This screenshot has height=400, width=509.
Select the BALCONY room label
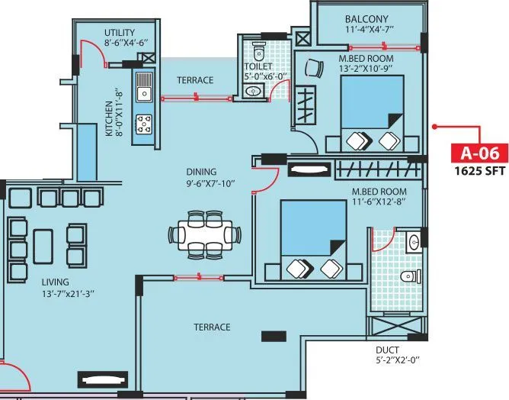click(x=366, y=19)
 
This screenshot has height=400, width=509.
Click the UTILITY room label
click(x=120, y=32)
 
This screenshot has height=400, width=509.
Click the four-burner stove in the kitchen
click(x=142, y=123)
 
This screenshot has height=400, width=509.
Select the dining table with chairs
click(x=204, y=233)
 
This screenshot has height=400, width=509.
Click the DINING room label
click(x=200, y=172)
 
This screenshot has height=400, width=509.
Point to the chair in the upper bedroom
click(x=312, y=68)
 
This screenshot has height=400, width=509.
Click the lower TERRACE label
click(x=212, y=327)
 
